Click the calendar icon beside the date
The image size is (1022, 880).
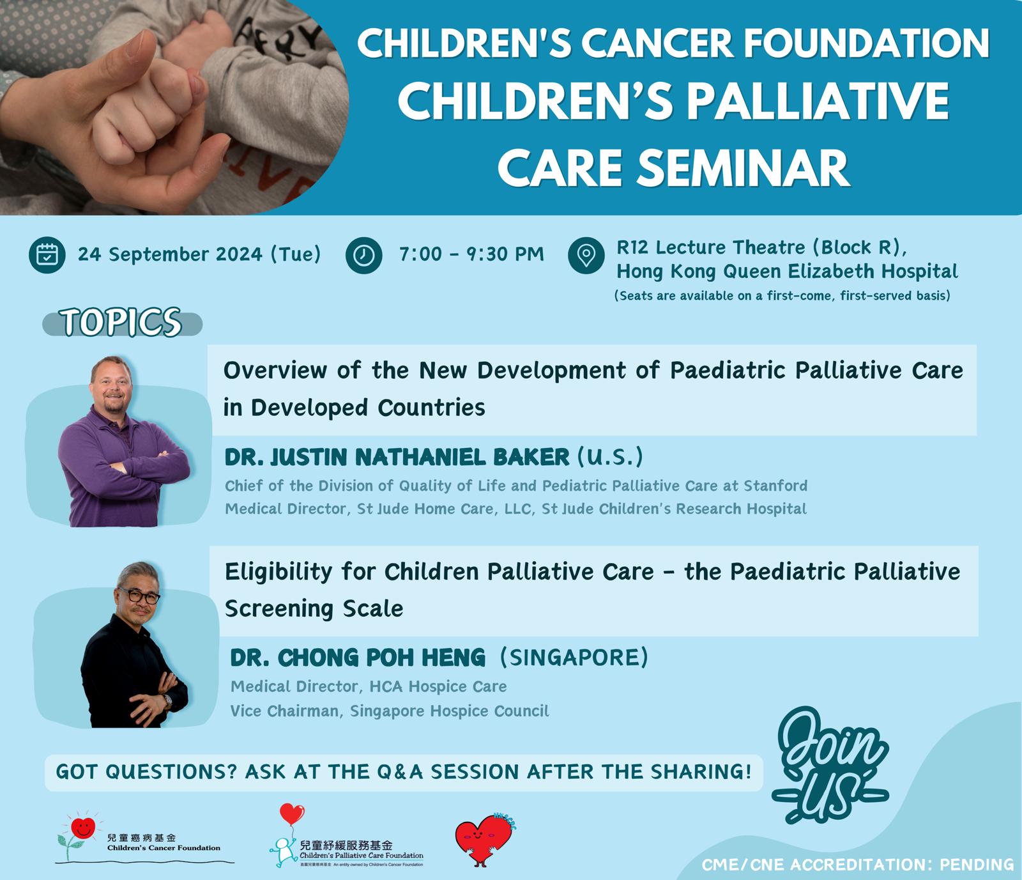(x=47, y=254)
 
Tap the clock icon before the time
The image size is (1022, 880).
(x=364, y=255)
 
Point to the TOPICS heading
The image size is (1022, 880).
(x=121, y=322)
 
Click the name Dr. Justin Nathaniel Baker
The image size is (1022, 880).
(x=397, y=457)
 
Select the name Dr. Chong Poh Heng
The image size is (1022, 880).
(x=358, y=658)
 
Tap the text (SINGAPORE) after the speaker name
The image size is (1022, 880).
(x=574, y=657)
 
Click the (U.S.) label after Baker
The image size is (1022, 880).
(x=610, y=456)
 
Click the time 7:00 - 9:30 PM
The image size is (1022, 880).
(x=471, y=254)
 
